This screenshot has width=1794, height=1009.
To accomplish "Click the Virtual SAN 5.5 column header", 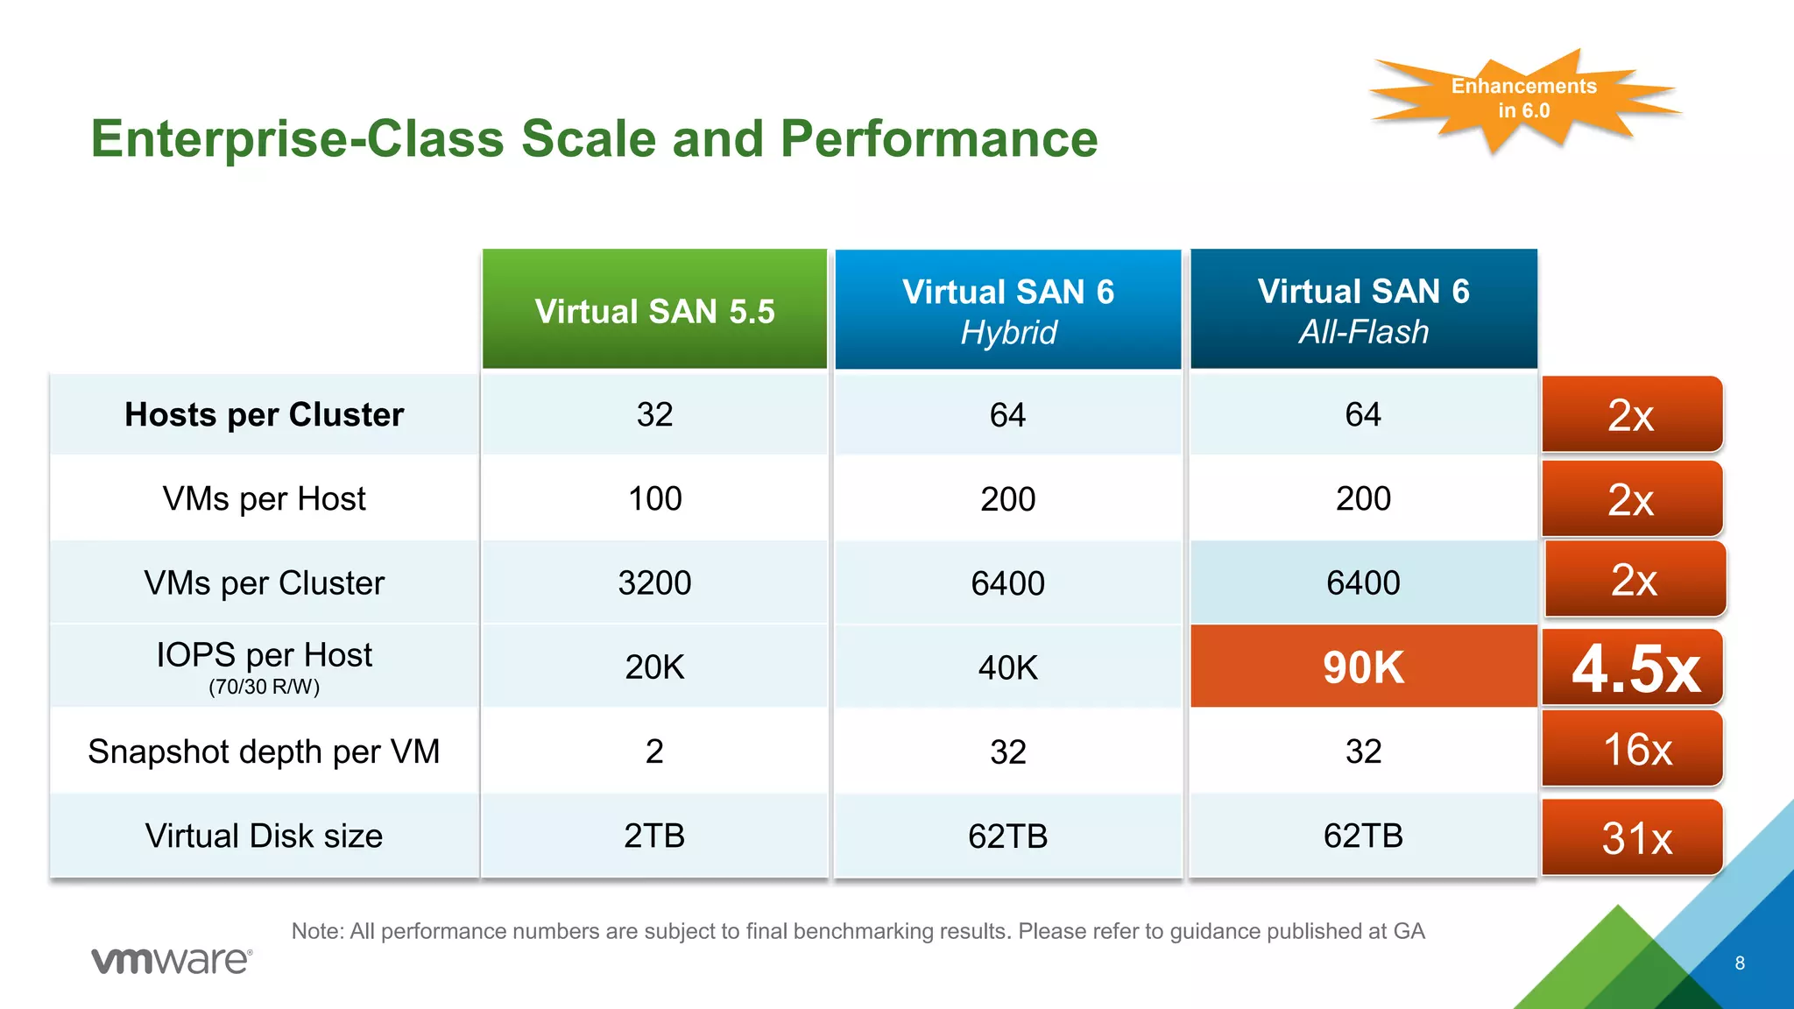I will pyautogui.click(x=654, y=310).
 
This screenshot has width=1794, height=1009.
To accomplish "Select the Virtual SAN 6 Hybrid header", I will pyautogui.click(x=1008, y=310).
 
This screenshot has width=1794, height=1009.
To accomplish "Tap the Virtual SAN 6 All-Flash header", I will pyautogui.click(x=1363, y=310).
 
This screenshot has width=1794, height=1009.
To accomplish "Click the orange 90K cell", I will pyautogui.click(x=1363, y=667).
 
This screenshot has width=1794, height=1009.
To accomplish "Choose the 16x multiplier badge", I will pyautogui.click(x=1633, y=750).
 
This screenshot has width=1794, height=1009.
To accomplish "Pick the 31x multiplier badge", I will pyautogui.click(x=1633, y=837).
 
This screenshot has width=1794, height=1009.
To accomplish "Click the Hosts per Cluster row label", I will pyautogui.click(x=264, y=414).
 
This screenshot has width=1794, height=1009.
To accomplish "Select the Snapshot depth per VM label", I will pyautogui.click(x=264, y=751).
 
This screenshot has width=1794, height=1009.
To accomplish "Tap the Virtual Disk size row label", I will pyautogui.click(x=264, y=836).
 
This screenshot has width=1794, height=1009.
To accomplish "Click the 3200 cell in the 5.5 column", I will pyautogui.click(x=654, y=582).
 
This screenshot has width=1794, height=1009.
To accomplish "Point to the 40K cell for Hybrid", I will pyautogui.click(x=1008, y=667).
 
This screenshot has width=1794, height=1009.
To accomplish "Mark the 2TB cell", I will pyautogui.click(x=654, y=836).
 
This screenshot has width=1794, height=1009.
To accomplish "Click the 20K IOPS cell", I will pyautogui.click(x=654, y=667).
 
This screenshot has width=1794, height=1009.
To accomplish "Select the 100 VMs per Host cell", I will pyautogui.click(x=654, y=498).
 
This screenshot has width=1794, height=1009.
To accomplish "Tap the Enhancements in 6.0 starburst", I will pyautogui.click(x=1523, y=98).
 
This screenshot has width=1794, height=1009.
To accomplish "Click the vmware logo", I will pyautogui.click(x=172, y=960).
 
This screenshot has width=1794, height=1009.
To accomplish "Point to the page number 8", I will pyautogui.click(x=1740, y=963).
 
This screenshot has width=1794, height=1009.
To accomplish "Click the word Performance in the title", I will pyautogui.click(x=938, y=138).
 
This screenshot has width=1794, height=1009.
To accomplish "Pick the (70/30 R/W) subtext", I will pyautogui.click(x=264, y=688).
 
